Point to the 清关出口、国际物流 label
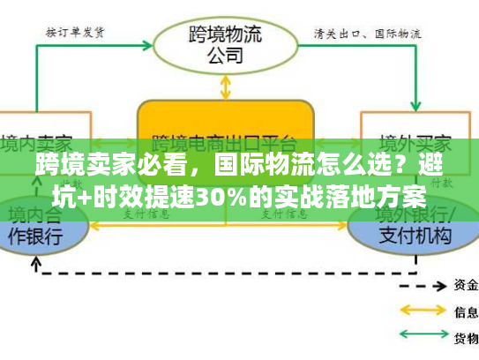(367, 33)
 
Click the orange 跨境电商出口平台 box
(226, 132)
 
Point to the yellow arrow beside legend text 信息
(423, 311)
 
